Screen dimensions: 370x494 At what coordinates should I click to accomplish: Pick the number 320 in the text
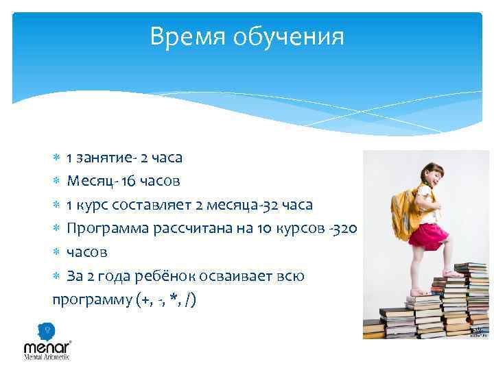coord(345,228)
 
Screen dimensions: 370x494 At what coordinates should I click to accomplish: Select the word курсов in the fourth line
coord(302,228)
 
